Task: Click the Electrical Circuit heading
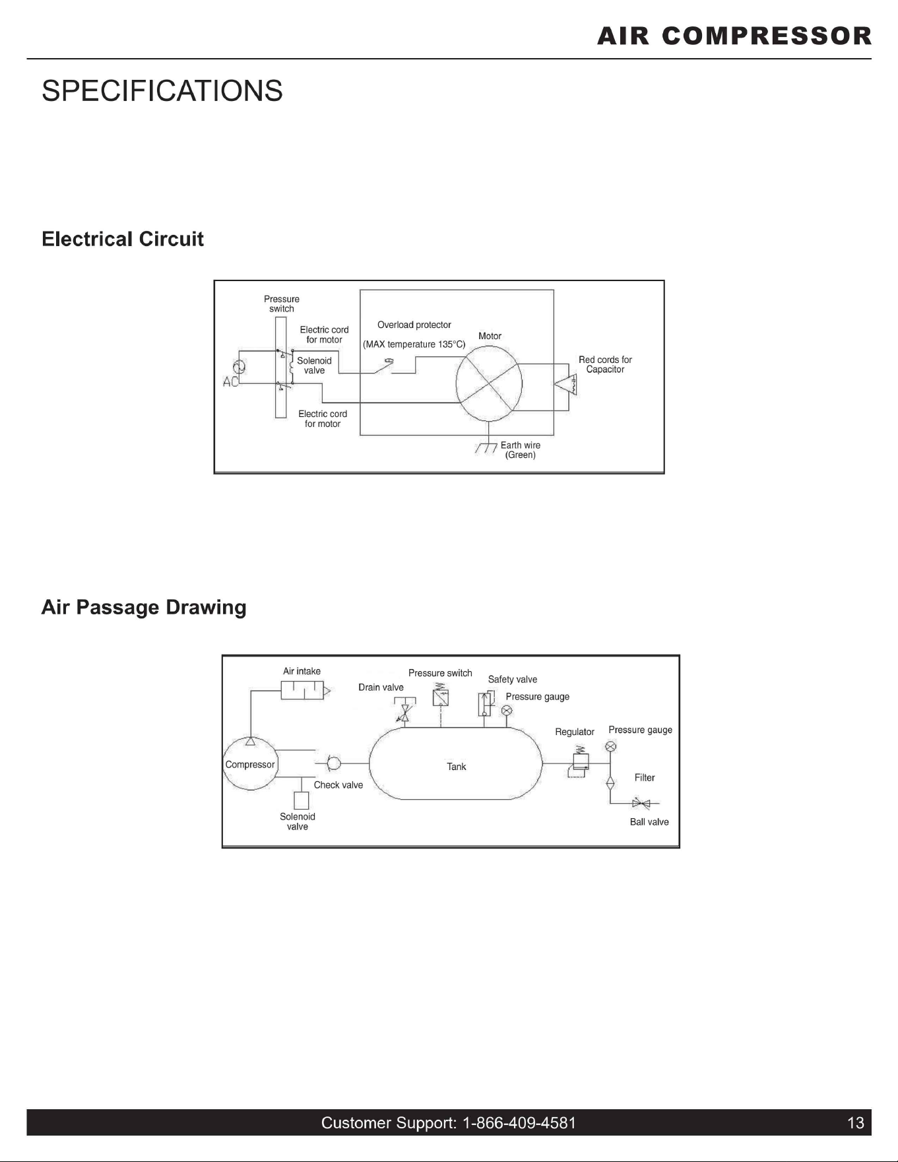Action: click(123, 239)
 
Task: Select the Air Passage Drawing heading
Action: click(144, 608)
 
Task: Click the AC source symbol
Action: click(239, 368)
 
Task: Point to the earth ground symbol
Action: click(487, 449)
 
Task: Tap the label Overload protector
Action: click(414, 325)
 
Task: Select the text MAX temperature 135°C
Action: click(414, 344)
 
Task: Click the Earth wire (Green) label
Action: click(521, 450)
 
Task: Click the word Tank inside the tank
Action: click(457, 767)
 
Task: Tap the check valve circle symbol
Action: click(334, 763)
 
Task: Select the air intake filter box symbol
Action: click(303, 690)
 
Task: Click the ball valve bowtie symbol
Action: click(641, 803)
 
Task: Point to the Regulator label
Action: click(575, 732)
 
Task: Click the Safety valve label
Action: click(513, 680)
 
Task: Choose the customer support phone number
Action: click(519, 1123)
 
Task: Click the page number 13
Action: click(856, 1123)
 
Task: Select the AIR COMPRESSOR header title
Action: click(734, 36)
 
